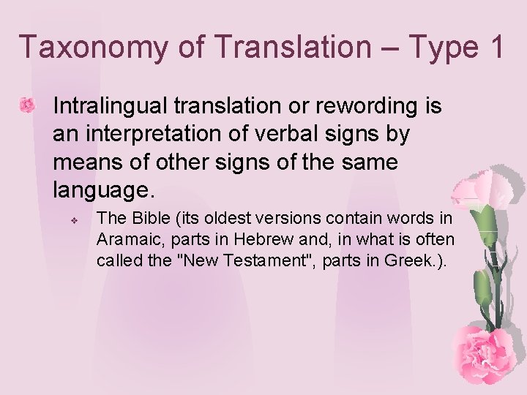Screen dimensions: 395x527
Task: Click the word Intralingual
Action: pos(111,106)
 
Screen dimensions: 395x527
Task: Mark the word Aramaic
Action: pos(126,239)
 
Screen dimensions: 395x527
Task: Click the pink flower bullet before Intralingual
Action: pos(27,105)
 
